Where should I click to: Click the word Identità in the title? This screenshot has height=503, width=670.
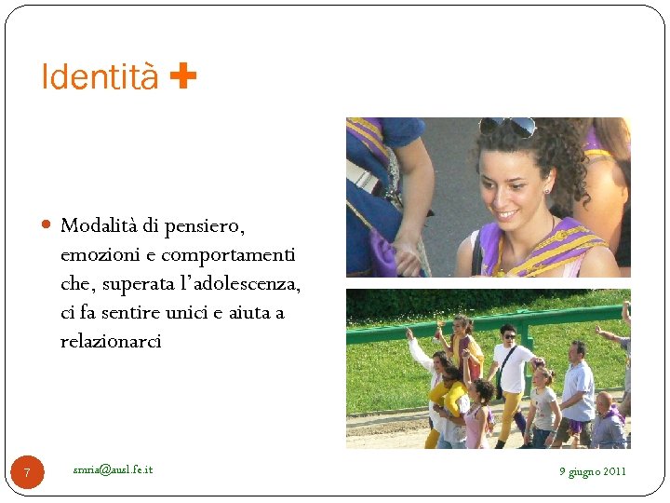pyautogui.click(x=100, y=78)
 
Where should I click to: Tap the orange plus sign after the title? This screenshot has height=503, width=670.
pyautogui.click(x=183, y=76)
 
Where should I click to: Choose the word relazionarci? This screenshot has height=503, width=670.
pyautogui.click(x=111, y=341)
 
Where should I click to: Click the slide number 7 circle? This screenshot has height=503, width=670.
pyautogui.click(x=27, y=473)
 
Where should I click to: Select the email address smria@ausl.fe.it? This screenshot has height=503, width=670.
pyautogui.click(x=113, y=469)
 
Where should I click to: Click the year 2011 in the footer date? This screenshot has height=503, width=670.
pyautogui.click(x=614, y=471)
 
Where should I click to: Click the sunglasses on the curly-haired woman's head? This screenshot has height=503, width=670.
pyautogui.click(x=508, y=126)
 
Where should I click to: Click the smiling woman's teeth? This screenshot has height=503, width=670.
pyautogui.click(x=506, y=214)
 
